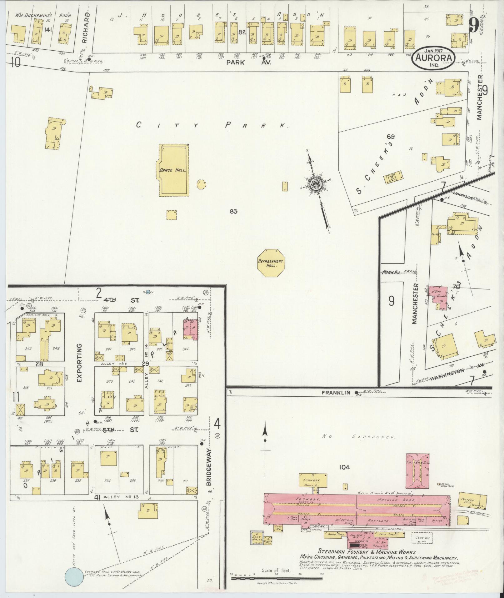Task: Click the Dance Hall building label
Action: tap(173, 170)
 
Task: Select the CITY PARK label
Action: tap(212, 125)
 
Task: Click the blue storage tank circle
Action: tap(74, 577)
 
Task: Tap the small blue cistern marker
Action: tap(148, 292)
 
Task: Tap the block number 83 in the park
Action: tap(233, 212)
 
